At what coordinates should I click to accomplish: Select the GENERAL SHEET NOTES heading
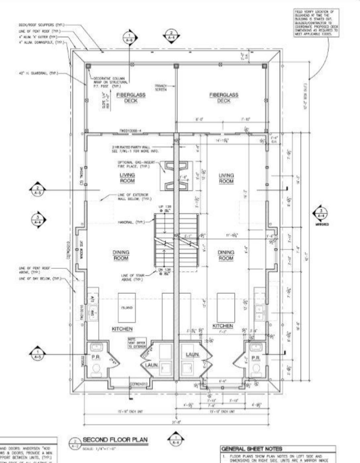coord(251,449)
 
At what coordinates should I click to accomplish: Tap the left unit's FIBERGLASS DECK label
coord(131,98)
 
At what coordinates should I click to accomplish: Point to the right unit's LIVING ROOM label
coord(226,178)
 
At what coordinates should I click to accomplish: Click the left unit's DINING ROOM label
coord(121,255)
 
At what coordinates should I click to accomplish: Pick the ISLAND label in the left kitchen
coord(127,308)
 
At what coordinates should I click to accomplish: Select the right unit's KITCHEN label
coord(223,326)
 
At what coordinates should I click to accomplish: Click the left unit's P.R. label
coord(96,358)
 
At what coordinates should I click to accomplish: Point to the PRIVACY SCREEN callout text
coord(160,87)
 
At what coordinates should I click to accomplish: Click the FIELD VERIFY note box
coord(316,23)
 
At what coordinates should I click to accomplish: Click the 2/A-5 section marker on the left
coord(37,190)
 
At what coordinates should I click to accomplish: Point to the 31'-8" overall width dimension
coord(178,422)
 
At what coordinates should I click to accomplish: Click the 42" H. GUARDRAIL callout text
coord(38,73)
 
